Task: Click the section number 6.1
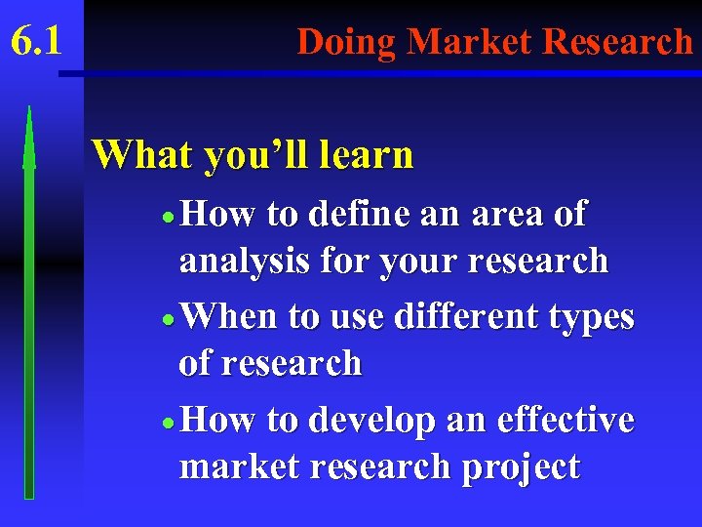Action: [36, 42]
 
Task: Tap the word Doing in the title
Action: [347, 42]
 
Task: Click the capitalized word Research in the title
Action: [617, 42]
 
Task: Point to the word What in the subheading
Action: [142, 154]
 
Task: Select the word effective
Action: [565, 420]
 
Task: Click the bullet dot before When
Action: [170, 320]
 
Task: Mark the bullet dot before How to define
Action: [170, 217]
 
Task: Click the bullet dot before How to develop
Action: [170, 424]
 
